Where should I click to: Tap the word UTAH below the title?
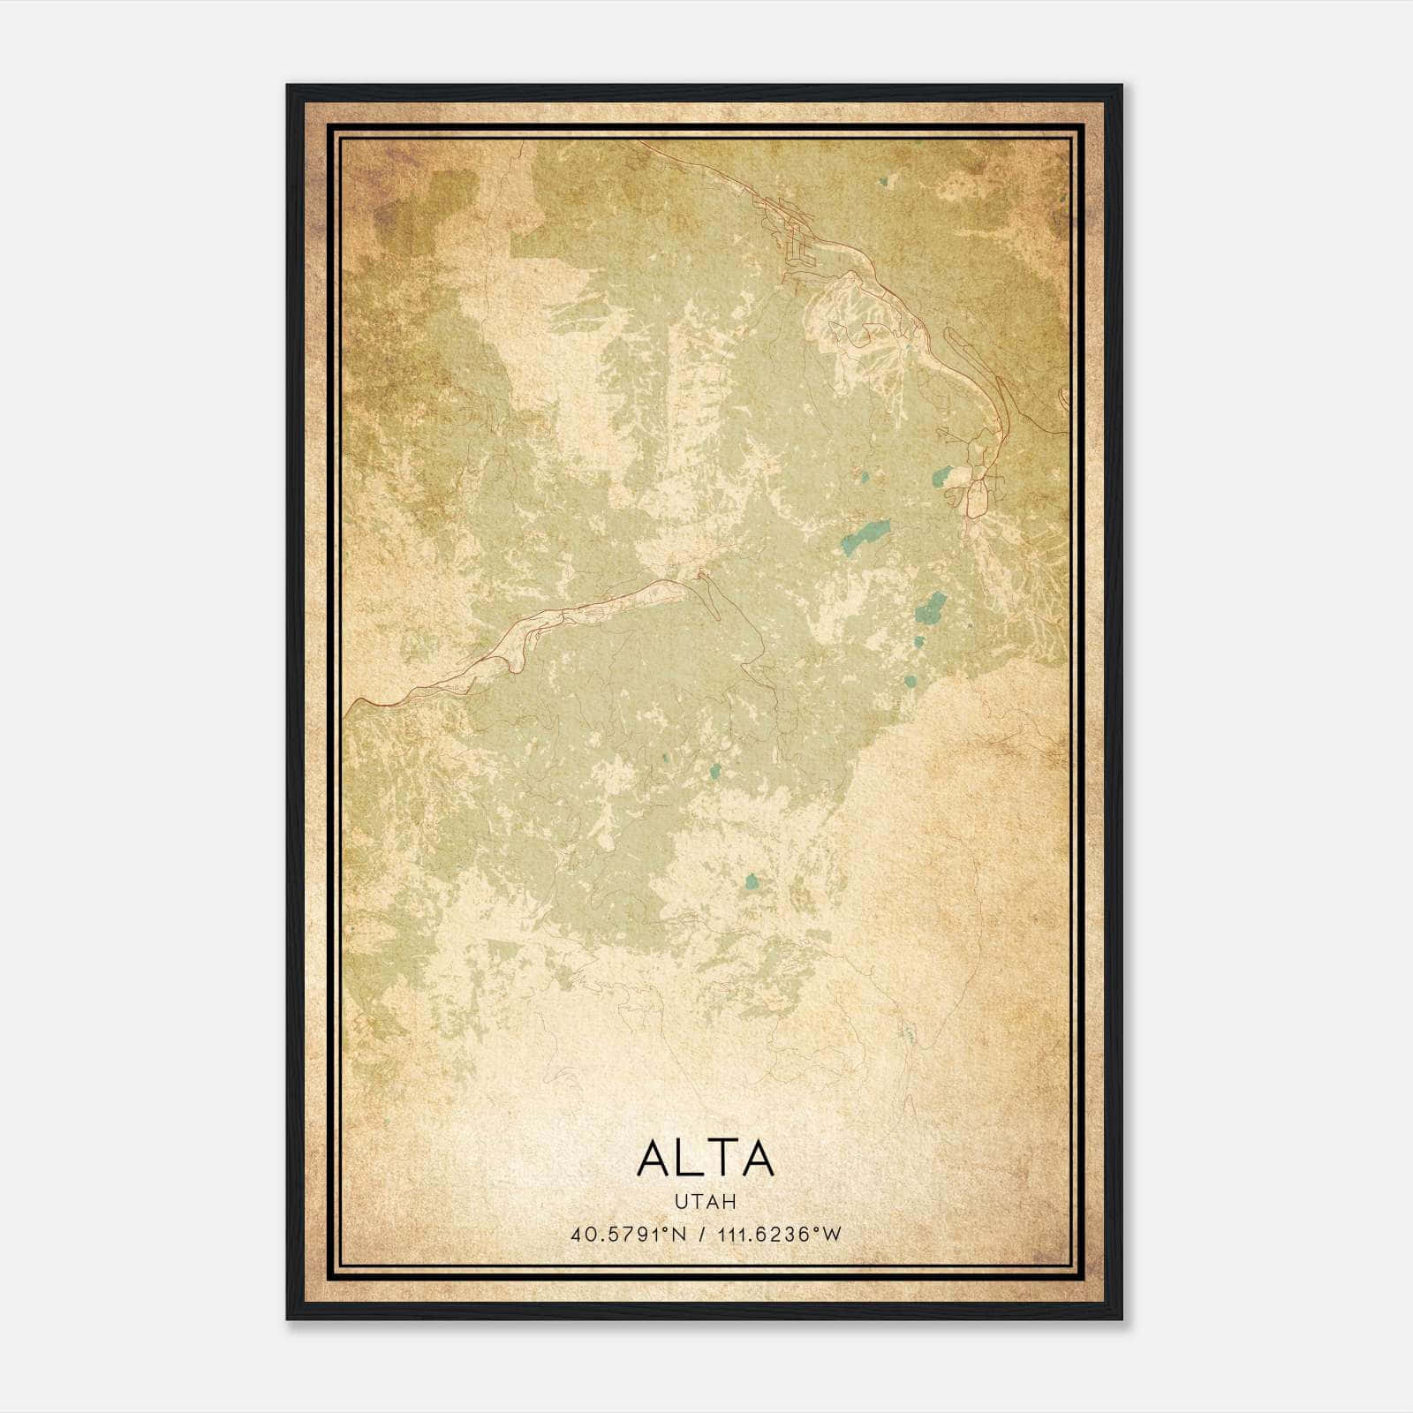click(705, 1202)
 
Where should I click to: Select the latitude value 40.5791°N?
click(629, 1235)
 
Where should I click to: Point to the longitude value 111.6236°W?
click(780, 1235)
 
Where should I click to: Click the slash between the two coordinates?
click(703, 1235)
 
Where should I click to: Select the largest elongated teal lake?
click(865, 535)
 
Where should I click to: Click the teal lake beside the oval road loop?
click(942, 477)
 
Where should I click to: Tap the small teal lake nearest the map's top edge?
click(882, 183)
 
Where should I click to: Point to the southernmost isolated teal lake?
click(752, 881)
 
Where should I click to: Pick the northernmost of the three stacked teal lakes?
click(931, 606)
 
